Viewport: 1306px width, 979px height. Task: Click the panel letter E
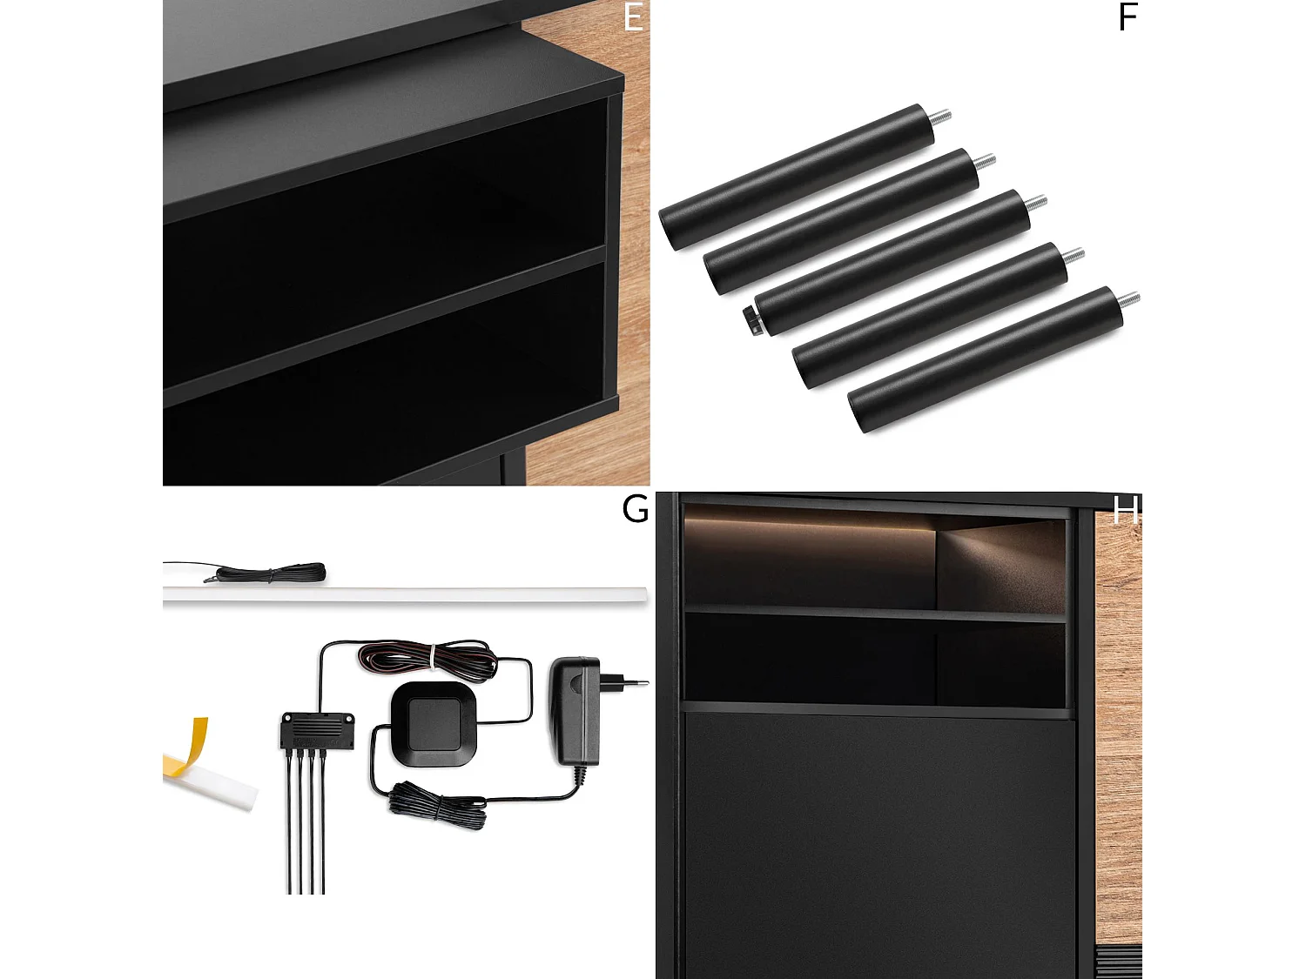tap(633, 17)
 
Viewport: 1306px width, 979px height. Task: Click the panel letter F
tap(1128, 17)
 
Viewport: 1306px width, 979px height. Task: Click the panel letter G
tap(635, 508)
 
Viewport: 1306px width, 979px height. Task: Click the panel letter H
tap(1126, 509)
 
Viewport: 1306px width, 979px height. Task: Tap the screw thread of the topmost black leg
tap(941, 116)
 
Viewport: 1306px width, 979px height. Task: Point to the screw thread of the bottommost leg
tap(1129, 299)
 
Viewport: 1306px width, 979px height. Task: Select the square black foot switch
tap(434, 724)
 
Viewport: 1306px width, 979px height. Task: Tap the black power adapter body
tap(575, 709)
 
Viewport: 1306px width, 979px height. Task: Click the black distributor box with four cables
tap(317, 729)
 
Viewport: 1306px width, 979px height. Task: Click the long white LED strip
tap(405, 594)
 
